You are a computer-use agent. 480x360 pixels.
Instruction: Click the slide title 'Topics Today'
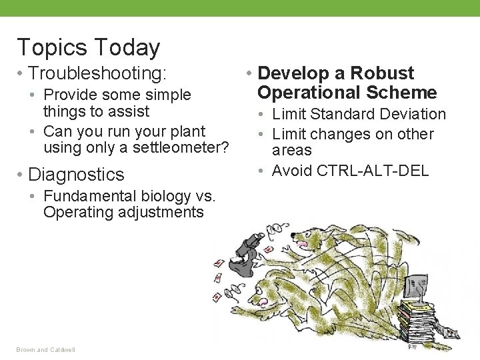click(x=88, y=47)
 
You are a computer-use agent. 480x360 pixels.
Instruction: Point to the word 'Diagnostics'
click(x=77, y=175)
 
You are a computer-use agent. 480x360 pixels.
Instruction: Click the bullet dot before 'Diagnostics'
click(x=21, y=175)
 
